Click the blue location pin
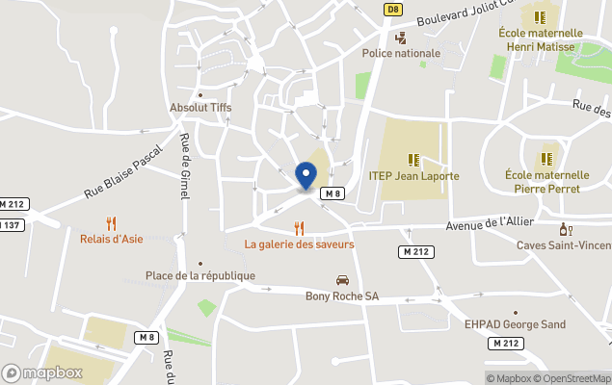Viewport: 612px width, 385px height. point(306,175)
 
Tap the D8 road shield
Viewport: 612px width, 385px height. point(392,9)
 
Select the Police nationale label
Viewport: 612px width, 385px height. point(401,53)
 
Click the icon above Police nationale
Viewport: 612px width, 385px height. point(401,38)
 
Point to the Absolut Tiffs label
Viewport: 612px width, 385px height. point(200,108)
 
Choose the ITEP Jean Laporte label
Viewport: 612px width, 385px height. point(413,176)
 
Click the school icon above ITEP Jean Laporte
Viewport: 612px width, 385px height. point(413,160)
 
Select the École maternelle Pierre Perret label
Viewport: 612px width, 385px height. point(546,182)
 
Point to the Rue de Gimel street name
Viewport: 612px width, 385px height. point(184,166)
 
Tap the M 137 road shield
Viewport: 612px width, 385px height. point(10,225)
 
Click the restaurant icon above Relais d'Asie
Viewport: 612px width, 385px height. point(112,222)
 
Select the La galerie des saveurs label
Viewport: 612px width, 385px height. point(299,244)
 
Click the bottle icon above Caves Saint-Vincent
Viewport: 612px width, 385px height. point(566,229)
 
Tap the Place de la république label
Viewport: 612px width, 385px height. point(200,276)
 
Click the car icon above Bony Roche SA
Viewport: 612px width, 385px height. point(342,280)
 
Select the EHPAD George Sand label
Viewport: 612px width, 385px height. point(515,324)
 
